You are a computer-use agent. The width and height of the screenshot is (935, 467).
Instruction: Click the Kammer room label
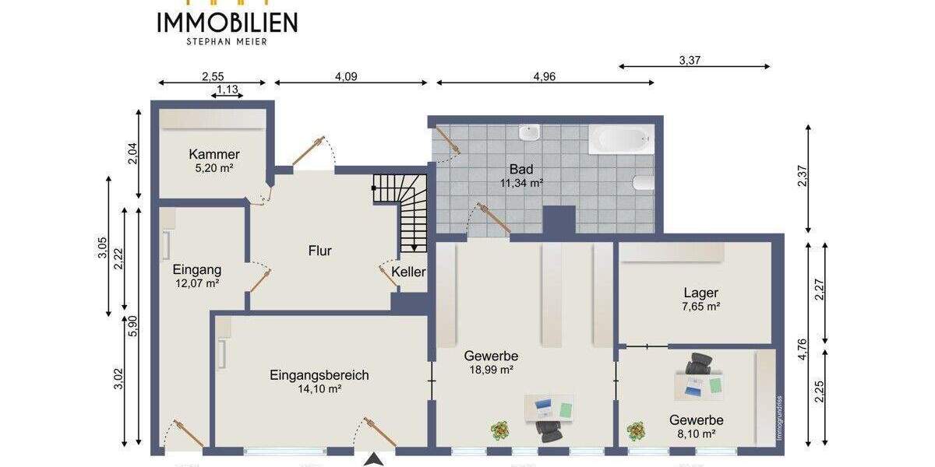pyautogui.click(x=213, y=154)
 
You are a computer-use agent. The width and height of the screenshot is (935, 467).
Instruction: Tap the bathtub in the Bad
pyautogui.click(x=620, y=141)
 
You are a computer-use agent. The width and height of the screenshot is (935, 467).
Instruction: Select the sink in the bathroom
pyautogui.click(x=530, y=133)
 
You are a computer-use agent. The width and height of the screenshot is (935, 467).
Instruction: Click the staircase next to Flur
pyautogui.click(x=405, y=210)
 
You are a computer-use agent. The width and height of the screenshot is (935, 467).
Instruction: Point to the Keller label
pyautogui.click(x=409, y=272)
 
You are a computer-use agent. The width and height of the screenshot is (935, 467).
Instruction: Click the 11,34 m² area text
pyautogui.click(x=521, y=184)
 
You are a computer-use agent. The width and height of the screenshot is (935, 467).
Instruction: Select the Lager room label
pyautogui.click(x=700, y=293)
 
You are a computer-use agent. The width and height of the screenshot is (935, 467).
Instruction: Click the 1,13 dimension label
pyautogui.click(x=227, y=90)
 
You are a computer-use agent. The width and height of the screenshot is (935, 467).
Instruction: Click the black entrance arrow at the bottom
pyautogui.click(x=375, y=459)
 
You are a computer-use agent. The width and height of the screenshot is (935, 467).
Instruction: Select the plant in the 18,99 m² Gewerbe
pyautogui.click(x=499, y=429)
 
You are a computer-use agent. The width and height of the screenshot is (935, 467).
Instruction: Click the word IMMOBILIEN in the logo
pyautogui.click(x=227, y=23)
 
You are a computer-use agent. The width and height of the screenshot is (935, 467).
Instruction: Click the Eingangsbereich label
pyautogui.click(x=319, y=374)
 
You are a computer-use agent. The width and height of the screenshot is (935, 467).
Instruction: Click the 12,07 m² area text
pyautogui.click(x=197, y=284)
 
